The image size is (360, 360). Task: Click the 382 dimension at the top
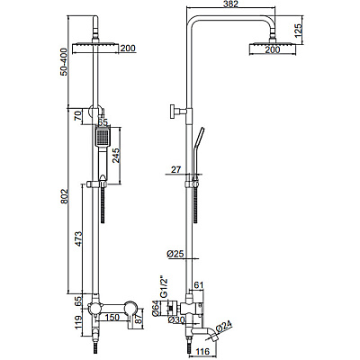click(x=231, y=4)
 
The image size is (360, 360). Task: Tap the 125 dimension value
click(x=298, y=31)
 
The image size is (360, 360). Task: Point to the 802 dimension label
click(x=64, y=197)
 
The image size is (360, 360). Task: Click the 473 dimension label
click(x=77, y=238)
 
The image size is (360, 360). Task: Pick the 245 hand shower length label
click(x=116, y=156)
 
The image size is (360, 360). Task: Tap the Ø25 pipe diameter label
click(x=175, y=254)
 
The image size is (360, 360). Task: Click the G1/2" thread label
click(x=163, y=286)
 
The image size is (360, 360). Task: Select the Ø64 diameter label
click(x=156, y=309)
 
